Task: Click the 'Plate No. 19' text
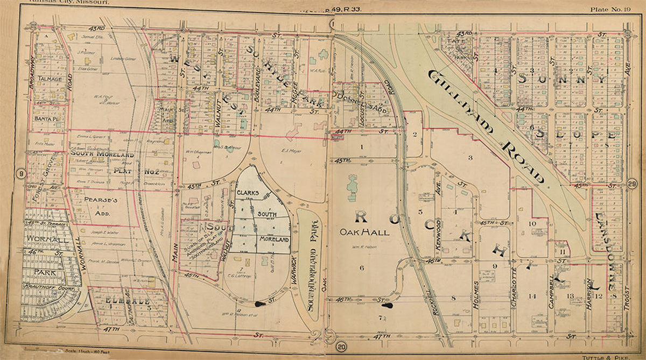tap(614, 9)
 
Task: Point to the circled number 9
tap(21, 173)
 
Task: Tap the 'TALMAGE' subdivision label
tap(49, 79)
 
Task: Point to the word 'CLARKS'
tap(248, 192)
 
